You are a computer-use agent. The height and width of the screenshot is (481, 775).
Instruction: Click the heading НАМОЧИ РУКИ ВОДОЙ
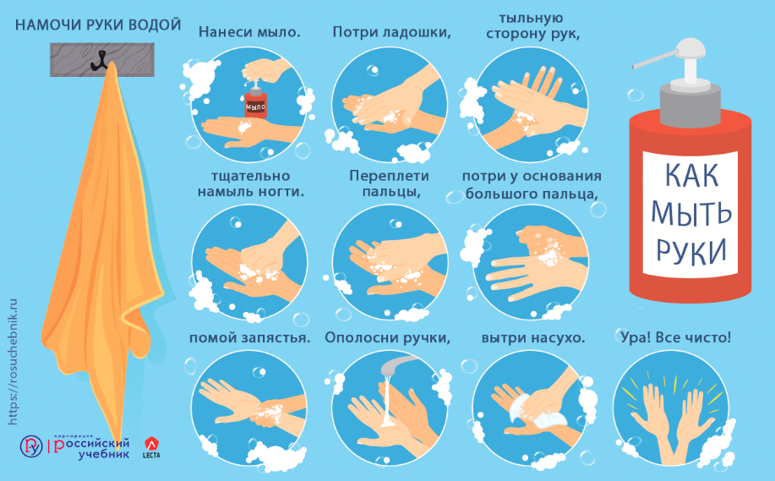click(x=98, y=25)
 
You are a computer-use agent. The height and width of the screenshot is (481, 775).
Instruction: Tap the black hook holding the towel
click(x=100, y=60)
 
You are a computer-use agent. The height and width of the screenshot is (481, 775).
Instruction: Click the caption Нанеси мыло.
click(x=249, y=32)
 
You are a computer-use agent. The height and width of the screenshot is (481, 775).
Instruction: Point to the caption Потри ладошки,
click(x=391, y=32)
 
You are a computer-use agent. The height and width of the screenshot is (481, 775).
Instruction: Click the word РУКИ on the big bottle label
click(x=691, y=250)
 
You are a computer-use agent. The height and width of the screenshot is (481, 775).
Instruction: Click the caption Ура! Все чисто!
click(x=675, y=337)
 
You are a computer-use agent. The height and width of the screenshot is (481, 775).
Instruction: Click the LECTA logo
click(x=150, y=447)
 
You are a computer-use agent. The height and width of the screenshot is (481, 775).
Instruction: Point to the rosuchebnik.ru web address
click(x=13, y=361)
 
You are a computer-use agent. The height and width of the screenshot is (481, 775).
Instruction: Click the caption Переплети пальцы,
click(x=390, y=183)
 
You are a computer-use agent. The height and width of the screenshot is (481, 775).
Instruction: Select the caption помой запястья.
click(x=249, y=338)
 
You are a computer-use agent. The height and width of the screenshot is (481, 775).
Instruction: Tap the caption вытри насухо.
click(x=533, y=338)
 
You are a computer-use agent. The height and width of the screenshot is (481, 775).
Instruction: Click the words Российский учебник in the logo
click(x=91, y=448)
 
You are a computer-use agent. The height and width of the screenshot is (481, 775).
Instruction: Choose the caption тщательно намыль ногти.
click(x=251, y=184)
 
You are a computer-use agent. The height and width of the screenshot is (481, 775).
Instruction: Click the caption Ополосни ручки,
click(x=387, y=338)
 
